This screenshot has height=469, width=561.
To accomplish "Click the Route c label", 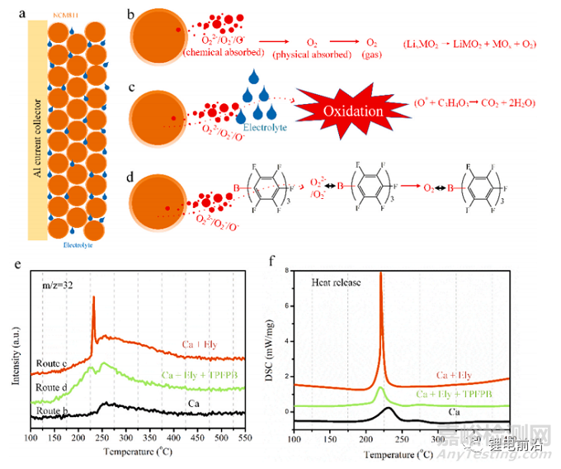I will [50, 362].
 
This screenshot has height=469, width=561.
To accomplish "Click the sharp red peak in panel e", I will [94, 301].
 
